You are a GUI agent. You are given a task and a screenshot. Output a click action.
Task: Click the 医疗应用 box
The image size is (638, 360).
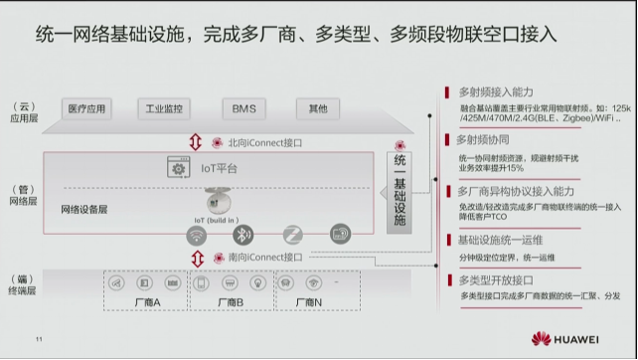(x=85, y=108)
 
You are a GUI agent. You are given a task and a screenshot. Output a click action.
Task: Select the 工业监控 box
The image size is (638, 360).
(x=165, y=108)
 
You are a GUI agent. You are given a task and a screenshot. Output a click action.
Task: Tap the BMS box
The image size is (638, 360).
(x=243, y=108)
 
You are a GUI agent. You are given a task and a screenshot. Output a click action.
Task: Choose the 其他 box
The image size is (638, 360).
(x=317, y=108)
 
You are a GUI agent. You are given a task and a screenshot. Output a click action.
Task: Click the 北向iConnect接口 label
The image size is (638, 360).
(x=264, y=142)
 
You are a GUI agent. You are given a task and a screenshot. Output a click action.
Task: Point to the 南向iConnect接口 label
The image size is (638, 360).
(x=264, y=258)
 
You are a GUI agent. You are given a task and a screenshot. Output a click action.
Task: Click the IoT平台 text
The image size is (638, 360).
(x=219, y=169)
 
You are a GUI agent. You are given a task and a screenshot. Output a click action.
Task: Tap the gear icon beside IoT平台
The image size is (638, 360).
(x=179, y=169)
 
